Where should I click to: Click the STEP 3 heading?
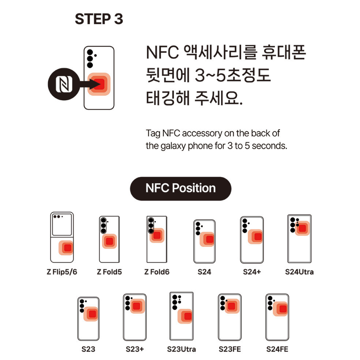coord(99,19)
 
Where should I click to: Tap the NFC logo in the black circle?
coord(64,84)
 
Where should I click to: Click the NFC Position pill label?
coord(181,188)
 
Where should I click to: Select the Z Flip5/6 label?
coord(62,272)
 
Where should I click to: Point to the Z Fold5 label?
coord(109,272)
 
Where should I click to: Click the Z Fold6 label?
coord(157,272)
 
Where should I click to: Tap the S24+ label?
coord(252,272)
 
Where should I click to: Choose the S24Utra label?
coord(299,272)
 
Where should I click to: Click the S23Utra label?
coord(181,349)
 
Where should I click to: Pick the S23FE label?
coord(230,349)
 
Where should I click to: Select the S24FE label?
coord(277,349)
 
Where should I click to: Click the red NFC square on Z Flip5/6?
coord(67,248)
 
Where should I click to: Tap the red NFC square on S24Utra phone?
coord(302,228)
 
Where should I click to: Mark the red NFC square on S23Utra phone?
coord(188,316)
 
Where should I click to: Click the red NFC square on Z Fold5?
coord(109,241)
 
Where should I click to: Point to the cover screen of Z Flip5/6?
coord(62,224)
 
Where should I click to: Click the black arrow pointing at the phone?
coord(89,84)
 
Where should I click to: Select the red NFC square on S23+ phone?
coord(136,306)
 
